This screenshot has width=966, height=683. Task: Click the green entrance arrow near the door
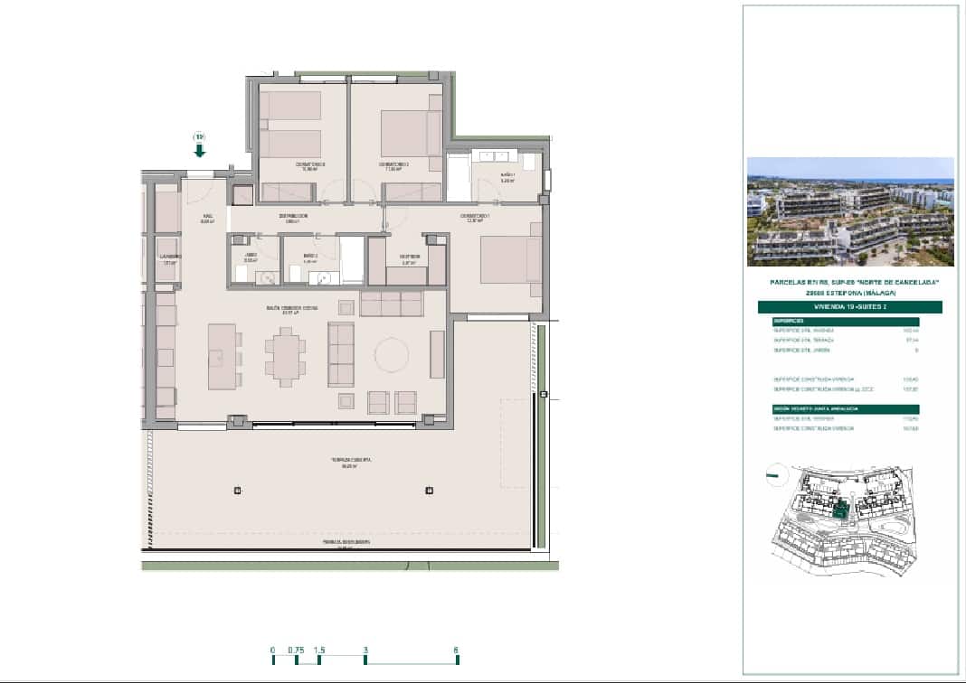(x=199, y=149)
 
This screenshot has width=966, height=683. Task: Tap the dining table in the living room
(x=286, y=356)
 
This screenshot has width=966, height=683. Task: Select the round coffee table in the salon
(x=392, y=354)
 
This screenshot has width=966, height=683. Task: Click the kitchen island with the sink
(x=222, y=356)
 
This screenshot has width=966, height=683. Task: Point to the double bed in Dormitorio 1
(x=509, y=259)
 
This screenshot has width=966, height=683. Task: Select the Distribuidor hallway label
(x=292, y=217)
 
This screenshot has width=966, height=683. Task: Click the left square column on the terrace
(x=238, y=491)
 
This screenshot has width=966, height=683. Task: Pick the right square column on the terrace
(x=429, y=491)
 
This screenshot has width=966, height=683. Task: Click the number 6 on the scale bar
(x=457, y=650)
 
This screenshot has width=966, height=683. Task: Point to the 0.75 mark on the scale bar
(x=295, y=650)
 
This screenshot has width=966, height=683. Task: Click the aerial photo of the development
(x=850, y=211)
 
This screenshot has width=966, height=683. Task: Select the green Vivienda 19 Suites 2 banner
(x=849, y=307)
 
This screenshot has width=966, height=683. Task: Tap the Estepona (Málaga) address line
(x=849, y=292)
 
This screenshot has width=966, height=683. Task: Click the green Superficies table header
(x=845, y=321)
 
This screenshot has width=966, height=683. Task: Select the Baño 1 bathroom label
(x=507, y=175)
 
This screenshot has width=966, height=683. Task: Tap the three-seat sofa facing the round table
(x=340, y=354)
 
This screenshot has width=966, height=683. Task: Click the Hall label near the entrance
(x=207, y=218)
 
